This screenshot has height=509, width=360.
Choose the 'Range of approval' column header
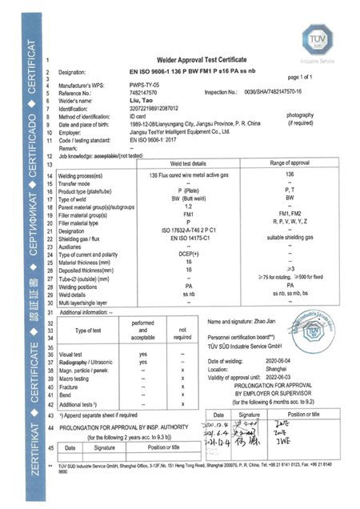tap(290, 140)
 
